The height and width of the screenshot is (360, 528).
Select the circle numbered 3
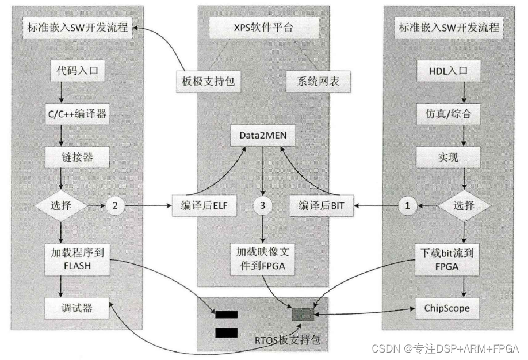coord(263,205)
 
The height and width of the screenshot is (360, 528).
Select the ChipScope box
coord(447,308)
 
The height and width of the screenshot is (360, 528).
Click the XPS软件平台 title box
coord(262,26)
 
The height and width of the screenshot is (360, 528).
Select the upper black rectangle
coord(226,314)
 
